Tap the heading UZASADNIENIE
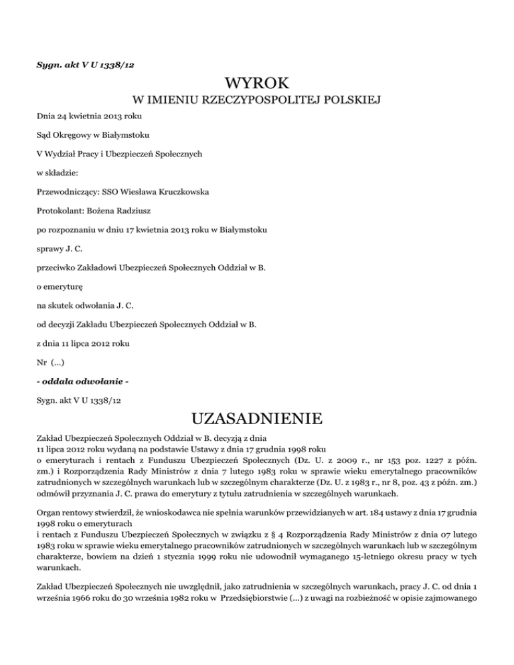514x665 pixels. coord(256,419)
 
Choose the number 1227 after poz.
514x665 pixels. coord(413,461)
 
